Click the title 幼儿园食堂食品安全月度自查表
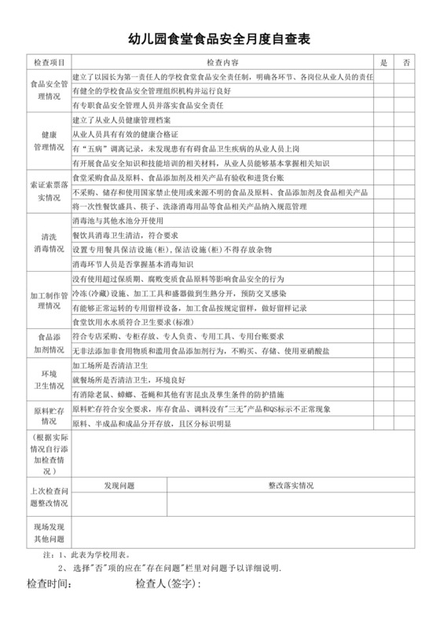(220, 38)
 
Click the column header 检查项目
(48, 61)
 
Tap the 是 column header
(383, 61)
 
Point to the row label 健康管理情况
(48, 140)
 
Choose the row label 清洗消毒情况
(48, 242)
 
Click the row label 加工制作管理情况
(48, 297)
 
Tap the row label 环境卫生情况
(48, 379)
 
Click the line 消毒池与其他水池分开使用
(118, 221)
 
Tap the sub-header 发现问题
(121, 485)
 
